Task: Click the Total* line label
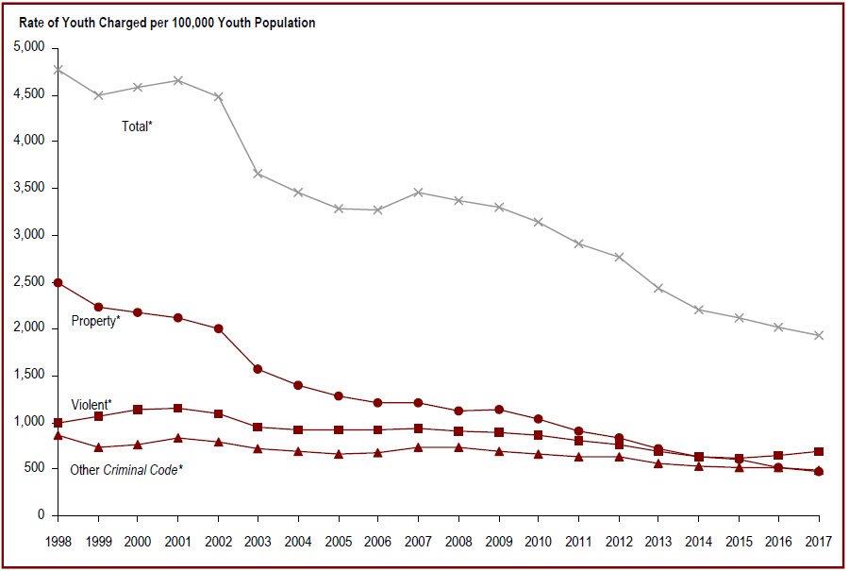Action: (x=137, y=126)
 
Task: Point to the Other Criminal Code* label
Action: (x=126, y=469)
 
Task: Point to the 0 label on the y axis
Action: (x=42, y=515)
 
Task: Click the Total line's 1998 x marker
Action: (x=58, y=69)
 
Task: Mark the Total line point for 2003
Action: (x=258, y=174)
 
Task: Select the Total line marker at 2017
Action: (x=819, y=335)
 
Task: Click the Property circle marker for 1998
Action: (x=58, y=282)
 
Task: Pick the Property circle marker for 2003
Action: (x=258, y=369)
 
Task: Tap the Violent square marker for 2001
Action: (x=178, y=408)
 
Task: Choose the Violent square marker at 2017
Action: (x=819, y=451)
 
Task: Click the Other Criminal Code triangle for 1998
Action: (x=58, y=435)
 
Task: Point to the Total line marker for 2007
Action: (x=418, y=193)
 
